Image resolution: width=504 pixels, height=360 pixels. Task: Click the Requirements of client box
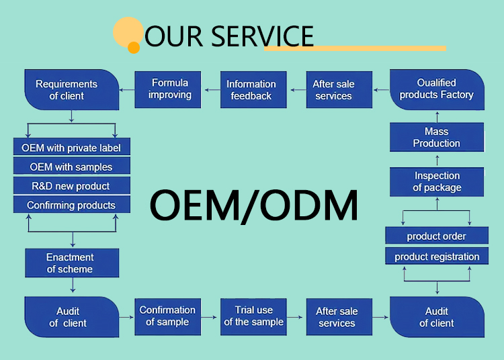(67, 90)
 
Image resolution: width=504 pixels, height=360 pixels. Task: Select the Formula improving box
(169, 89)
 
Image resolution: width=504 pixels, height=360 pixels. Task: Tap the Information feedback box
(251, 90)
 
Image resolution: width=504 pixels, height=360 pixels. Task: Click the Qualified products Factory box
(437, 89)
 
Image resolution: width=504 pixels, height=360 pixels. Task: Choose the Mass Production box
(437, 137)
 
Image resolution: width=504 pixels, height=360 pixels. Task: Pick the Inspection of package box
(437, 182)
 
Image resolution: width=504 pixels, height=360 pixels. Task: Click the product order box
(437, 236)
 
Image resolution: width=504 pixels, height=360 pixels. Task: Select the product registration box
(437, 256)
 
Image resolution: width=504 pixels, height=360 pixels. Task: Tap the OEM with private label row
(71, 148)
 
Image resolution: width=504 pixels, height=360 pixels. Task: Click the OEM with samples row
(71, 167)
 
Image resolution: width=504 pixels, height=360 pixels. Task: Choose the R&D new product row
(71, 185)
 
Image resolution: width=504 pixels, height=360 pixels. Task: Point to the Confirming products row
(71, 205)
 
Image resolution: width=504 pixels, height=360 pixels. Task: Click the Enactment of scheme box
(71, 263)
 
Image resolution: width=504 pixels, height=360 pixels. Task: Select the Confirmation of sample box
(167, 316)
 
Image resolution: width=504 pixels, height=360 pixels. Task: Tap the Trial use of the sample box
(254, 316)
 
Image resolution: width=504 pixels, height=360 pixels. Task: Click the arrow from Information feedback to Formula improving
(212, 89)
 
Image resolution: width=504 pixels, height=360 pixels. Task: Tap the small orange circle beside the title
(134, 48)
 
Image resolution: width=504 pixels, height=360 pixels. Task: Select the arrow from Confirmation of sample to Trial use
(210, 316)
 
